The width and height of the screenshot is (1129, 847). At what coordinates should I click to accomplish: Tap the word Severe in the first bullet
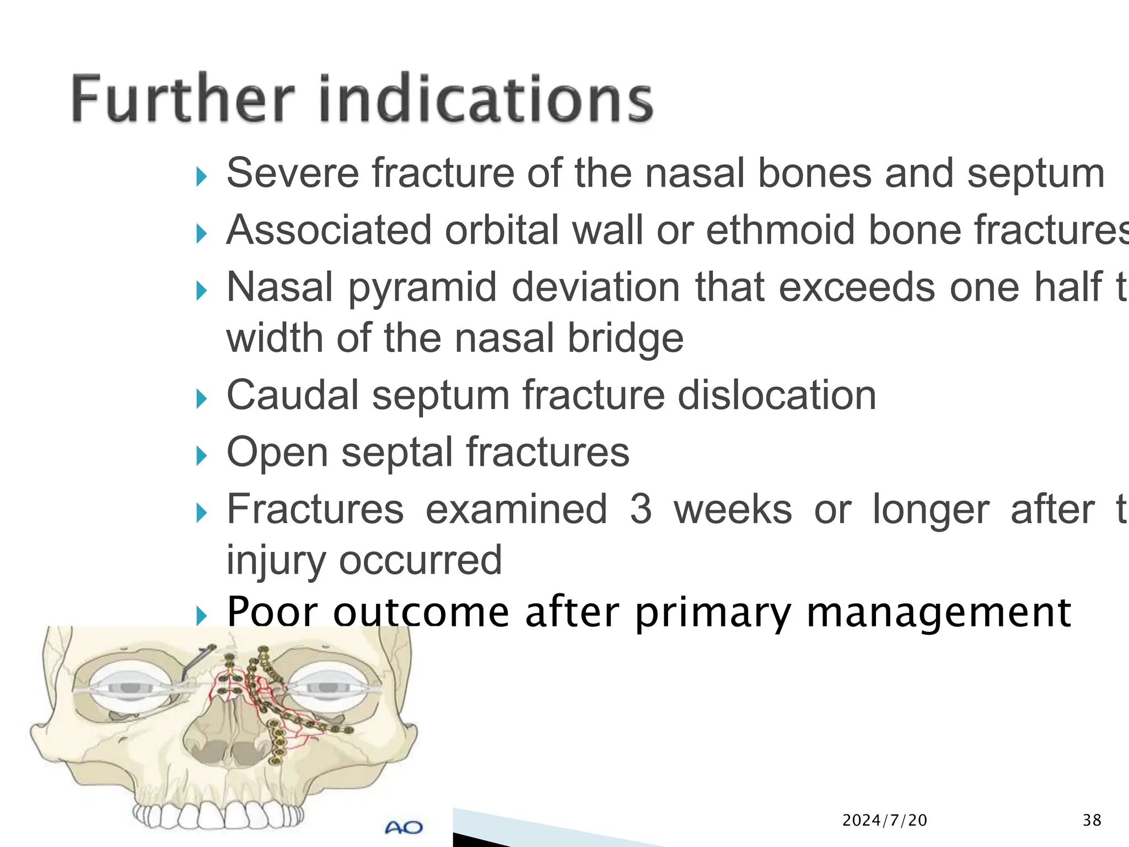point(292,173)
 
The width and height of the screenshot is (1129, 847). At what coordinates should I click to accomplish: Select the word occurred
point(420,560)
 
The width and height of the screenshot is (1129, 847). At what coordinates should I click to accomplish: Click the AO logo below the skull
point(404,827)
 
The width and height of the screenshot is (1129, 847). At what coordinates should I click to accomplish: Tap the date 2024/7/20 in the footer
point(885,821)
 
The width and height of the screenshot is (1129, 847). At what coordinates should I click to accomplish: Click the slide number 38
point(1092,821)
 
